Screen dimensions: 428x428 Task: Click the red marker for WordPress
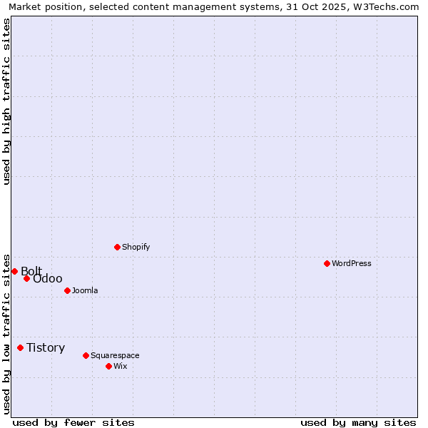[327, 263]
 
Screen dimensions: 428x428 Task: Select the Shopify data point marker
[118, 247]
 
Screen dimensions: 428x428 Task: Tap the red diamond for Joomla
[68, 290]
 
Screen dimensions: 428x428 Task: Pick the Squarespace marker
[86, 355]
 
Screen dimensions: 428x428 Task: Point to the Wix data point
[109, 366]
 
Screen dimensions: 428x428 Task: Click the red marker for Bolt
[14, 271]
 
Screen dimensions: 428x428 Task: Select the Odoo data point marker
[27, 278]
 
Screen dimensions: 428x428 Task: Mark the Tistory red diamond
[21, 348]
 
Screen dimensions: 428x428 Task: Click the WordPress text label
[352, 263]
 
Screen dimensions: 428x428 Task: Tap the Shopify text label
[136, 247]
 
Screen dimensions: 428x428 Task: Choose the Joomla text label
[85, 290]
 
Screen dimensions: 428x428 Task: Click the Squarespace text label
[115, 355]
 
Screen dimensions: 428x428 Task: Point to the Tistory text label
[46, 348]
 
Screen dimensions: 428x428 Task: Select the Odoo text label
[48, 279]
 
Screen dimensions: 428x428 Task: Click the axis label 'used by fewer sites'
[73, 422]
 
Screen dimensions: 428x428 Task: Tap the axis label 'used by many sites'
[358, 422]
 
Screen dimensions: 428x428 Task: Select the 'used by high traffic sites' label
[6, 101]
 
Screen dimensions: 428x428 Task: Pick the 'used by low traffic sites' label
[6, 333]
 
